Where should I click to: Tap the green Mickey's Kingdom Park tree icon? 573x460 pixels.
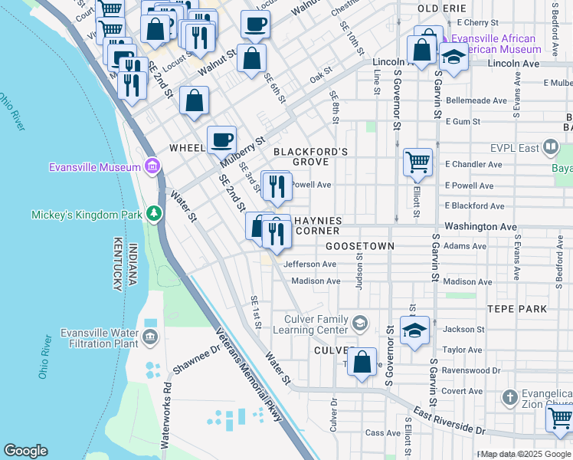[x=154, y=213]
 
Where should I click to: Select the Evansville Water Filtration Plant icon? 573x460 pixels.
[x=149, y=337]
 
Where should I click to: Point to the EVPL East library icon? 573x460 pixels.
[x=550, y=146]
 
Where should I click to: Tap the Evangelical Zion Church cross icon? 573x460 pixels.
[x=510, y=397]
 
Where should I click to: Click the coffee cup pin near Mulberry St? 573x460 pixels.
[x=221, y=140]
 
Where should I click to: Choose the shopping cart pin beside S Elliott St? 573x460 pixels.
[x=417, y=162]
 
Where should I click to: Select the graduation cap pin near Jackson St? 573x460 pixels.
[x=414, y=330]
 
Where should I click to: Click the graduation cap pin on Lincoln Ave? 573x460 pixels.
[x=453, y=58]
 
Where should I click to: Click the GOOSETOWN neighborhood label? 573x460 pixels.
[x=359, y=246]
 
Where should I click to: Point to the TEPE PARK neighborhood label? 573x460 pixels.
[x=517, y=309]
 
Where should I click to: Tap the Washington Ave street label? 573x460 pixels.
[x=481, y=227]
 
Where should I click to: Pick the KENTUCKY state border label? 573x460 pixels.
[x=117, y=268]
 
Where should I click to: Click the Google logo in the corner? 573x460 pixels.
[x=25, y=451]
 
